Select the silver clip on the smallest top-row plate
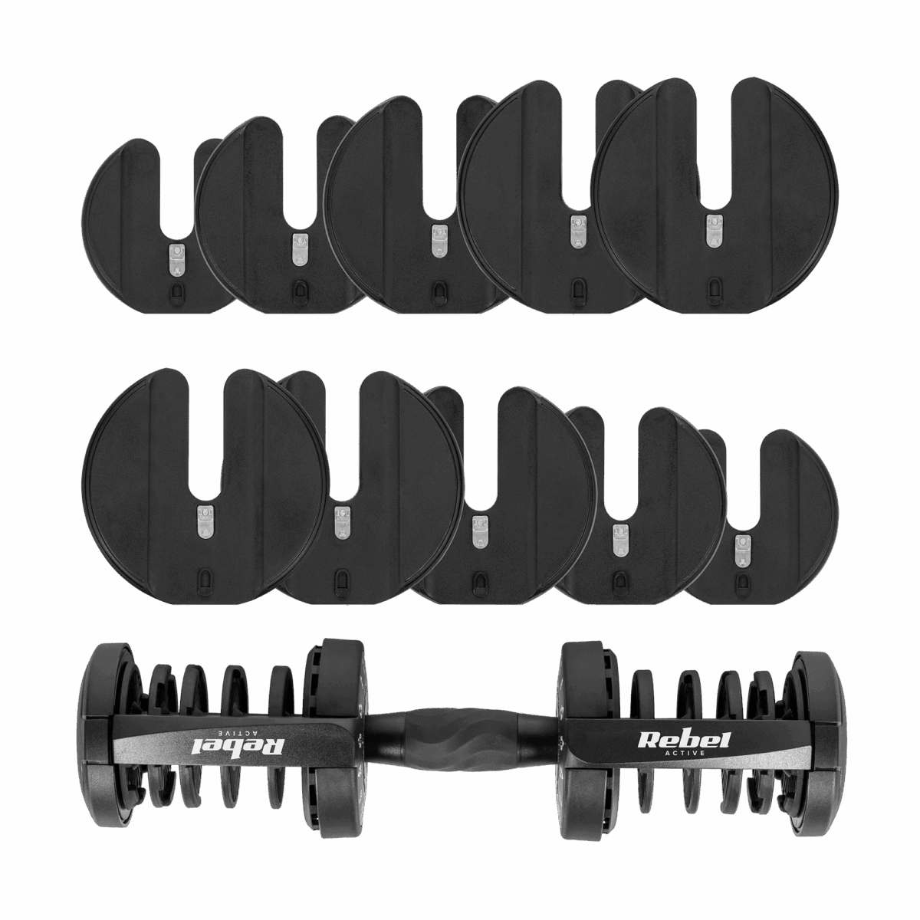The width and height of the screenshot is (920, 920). point(176,259)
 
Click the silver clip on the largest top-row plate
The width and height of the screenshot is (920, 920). point(714,230)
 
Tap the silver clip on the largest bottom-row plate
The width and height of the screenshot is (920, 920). point(205,520)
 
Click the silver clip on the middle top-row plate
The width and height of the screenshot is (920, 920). point(439,241)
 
